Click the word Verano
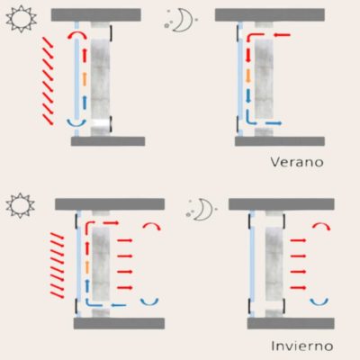pos(297,162)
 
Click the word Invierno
pos(302,346)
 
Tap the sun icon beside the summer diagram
pos(21,19)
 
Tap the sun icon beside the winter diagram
pos(20,205)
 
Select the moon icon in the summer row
pos(179,21)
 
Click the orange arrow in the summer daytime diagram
pos(85,79)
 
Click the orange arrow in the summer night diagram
pos(248,76)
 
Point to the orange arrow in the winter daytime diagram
pos(87,266)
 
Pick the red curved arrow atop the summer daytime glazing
pos(77,32)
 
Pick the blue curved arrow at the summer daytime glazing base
pos(76,124)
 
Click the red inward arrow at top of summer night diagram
pos(282,35)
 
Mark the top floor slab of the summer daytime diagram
pos(96,14)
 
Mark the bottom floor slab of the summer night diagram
pos(280,141)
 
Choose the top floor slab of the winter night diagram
pos(282,204)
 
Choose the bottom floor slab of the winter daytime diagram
pos(119,323)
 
